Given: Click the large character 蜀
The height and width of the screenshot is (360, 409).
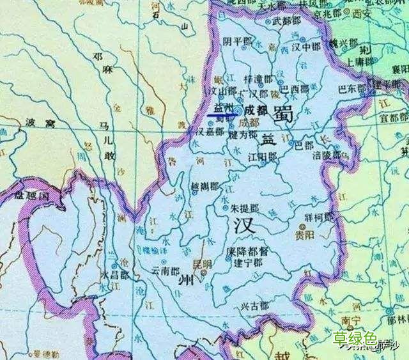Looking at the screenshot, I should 282,114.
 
